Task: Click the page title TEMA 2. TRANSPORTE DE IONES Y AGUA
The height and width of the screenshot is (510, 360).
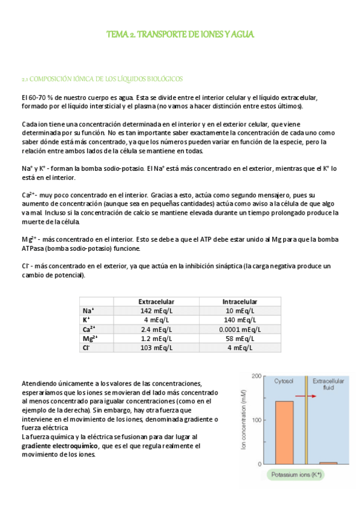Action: coord(180,34)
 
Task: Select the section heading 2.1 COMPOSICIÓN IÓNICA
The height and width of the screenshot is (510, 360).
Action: coord(102,79)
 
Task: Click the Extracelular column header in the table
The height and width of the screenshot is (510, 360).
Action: coord(156,301)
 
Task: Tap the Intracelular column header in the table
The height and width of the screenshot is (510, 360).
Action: coord(240,301)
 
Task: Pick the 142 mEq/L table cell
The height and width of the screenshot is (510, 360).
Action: coord(156,310)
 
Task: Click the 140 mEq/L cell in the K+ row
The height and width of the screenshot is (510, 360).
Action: coord(240,320)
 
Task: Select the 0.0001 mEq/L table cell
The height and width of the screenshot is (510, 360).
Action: coord(240,329)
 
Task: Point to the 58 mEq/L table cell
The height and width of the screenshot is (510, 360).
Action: coord(240,338)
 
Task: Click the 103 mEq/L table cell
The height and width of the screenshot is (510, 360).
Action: coord(156,347)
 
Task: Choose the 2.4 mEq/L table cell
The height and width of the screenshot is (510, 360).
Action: coord(156,329)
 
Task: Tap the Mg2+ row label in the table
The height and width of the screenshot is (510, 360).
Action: coord(90,338)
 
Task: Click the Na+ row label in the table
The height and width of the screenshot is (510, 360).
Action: coord(87,310)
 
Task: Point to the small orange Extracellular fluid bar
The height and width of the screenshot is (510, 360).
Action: coord(328,462)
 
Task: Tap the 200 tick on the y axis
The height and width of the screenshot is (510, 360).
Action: coord(255,376)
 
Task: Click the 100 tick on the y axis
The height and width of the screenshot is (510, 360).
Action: coord(255,420)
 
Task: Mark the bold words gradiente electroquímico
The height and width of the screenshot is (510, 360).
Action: coord(60,446)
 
